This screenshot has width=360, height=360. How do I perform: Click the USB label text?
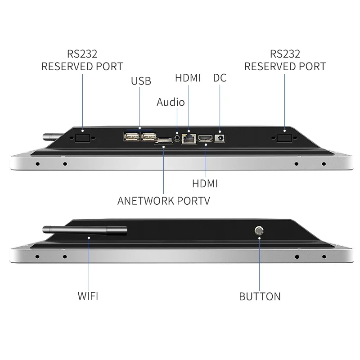point(141,81)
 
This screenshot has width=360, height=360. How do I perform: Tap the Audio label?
point(171,102)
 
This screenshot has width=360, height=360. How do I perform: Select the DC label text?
point(220,78)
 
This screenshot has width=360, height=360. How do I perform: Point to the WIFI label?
point(88,296)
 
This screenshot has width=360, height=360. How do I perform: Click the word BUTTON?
point(260,296)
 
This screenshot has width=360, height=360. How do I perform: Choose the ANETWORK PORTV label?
point(163,201)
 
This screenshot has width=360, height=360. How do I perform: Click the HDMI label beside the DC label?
point(188,78)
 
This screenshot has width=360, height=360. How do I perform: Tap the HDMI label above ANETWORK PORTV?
point(205,183)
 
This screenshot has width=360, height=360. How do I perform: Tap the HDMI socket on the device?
point(206,138)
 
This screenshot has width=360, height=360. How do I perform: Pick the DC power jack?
point(220,139)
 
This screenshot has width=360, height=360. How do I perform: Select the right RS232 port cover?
point(284,137)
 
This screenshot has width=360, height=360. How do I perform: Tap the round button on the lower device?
point(259,231)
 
